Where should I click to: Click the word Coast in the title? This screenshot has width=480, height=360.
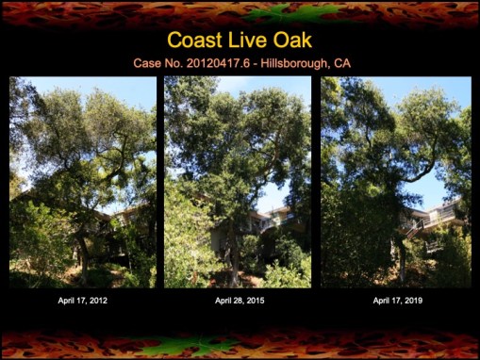pyautogui.click(x=192, y=41)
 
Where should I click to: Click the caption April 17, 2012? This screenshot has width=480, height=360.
pyautogui.click(x=83, y=301)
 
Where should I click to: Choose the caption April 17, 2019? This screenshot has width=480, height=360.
pyautogui.click(x=397, y=301)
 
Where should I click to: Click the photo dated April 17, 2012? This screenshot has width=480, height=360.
pyautogui.click(x=83, y=182)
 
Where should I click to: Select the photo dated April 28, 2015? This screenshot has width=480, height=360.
pyautogui.click(x=238, y=182)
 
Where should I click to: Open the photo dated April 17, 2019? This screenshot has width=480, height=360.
pyautogui.click(x=396, y=182)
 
